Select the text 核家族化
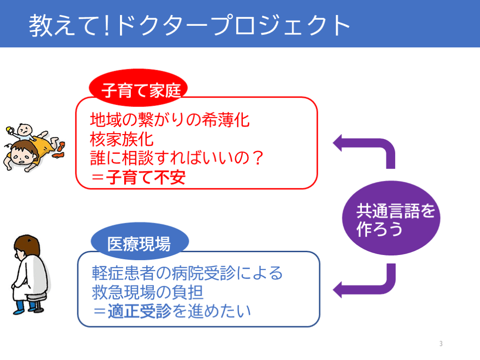point(121,139)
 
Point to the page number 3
point(441,344)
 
